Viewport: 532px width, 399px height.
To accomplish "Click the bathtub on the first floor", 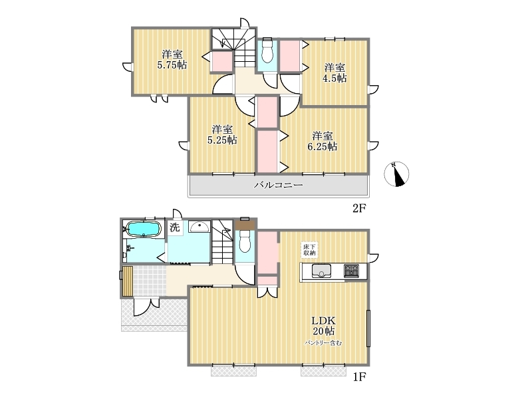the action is [x=143, y=229].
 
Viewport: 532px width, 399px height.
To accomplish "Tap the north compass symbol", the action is [x=396, y=174].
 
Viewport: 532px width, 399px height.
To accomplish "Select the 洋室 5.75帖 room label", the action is [x=172, y=59].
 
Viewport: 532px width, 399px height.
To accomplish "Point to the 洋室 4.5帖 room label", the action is [x=334, y=72].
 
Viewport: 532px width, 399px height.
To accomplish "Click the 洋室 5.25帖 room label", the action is [x=222, y=134].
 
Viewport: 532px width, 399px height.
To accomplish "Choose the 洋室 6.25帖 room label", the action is [x=323, y=141].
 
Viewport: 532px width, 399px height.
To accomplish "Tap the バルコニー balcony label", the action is [x=279, y=185].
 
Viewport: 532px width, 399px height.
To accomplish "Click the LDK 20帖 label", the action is [x=324, y=325].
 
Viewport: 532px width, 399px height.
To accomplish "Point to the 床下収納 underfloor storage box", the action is [x=309, y=250].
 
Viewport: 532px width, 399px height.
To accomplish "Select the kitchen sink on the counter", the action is [x=321, y=271].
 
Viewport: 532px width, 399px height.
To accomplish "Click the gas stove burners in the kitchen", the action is [x=351, y=271].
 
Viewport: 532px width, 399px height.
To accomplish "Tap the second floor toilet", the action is [x=267, y=51].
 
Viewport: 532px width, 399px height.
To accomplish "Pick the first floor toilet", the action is [x=245, y=241].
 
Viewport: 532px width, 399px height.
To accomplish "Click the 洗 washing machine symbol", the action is [x=175, y=227].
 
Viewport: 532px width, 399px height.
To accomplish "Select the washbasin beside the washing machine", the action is [x=199, y=226].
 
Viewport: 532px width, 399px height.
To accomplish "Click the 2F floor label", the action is [x=359, y=208].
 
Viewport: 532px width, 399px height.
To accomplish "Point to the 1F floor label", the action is [x=359, y=377].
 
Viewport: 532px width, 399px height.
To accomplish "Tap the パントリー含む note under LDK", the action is [x=323, y=343].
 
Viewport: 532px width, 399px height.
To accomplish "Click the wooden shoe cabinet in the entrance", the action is [x=128, y=281].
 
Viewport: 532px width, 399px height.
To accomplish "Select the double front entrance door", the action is [x=146, y=307].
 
